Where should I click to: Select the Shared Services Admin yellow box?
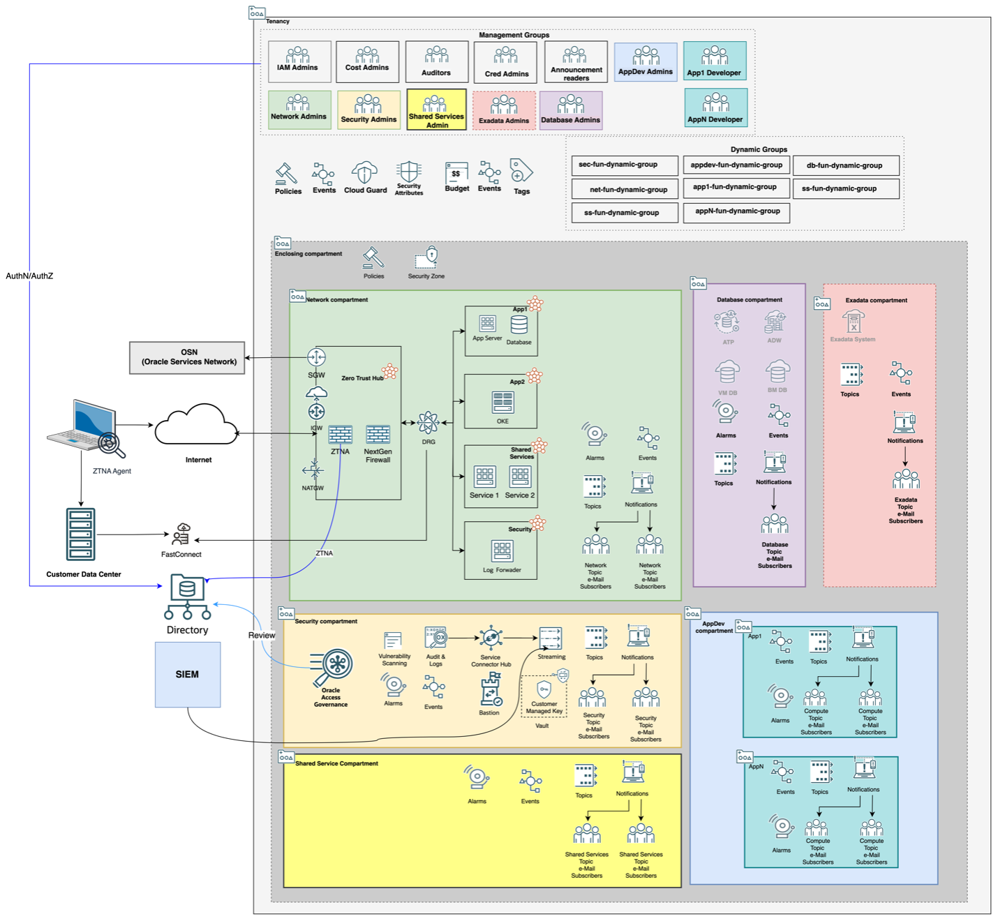[x=436, y=110]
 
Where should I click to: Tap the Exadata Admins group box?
[x=503, y=110]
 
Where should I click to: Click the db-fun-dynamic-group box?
[x=845, y=165]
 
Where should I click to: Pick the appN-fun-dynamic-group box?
[x=737, y=211]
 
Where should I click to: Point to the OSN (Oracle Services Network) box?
[x=188, y=357]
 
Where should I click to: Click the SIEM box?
[x=188, y=674]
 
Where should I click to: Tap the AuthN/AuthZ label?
[x=29, y=276]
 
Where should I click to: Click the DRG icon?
[x=428, y=423]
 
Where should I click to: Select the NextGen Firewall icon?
[x=378, y=435]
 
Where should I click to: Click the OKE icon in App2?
[x=502, y=403]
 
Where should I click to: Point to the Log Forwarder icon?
[x=502, y=551]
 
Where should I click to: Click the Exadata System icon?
[x=853, y=322]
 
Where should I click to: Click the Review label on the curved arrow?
[x=261, y=636]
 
